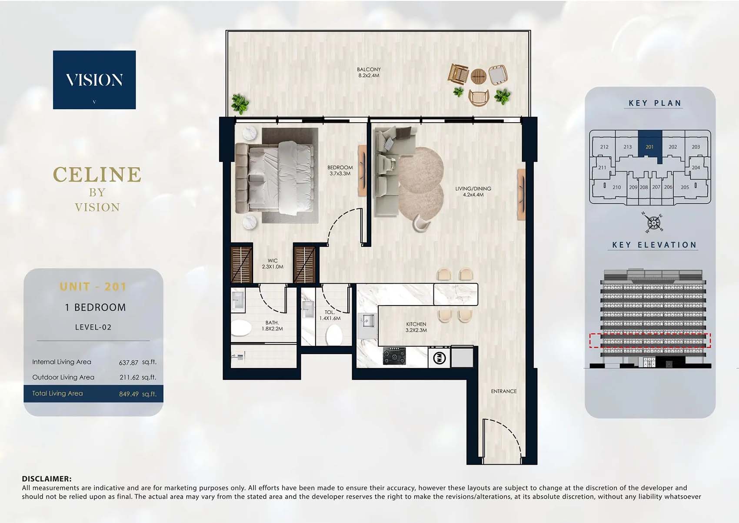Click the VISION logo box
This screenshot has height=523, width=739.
[x=94, y=80]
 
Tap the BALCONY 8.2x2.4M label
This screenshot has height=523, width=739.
[x=369, y=72]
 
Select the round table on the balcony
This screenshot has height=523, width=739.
[x=478, y=77]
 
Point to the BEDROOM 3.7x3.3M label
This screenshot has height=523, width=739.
[x=340, y=170]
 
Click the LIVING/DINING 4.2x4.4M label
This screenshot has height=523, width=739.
[x=473, y=191]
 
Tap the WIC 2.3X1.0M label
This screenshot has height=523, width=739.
[x=273, y=264]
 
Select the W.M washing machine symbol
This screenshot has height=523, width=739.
[x=439, y=358]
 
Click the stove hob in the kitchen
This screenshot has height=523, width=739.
[x=394, y=356]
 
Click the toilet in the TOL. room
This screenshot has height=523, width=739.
[x=334, y=335]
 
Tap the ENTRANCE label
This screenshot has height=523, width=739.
[x=504, y=391]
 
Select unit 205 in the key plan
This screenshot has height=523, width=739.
[x=685, y=187]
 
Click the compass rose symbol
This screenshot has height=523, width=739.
[x=653, y=223]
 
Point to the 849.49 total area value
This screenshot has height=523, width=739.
[x=129, y=394]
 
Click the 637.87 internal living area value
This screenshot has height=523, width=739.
[x=129, y=362]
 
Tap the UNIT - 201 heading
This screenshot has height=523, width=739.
[x=93, y=287]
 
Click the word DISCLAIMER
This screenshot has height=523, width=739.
[x=47, y=479]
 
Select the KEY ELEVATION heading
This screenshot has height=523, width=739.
[x=654, y=245]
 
